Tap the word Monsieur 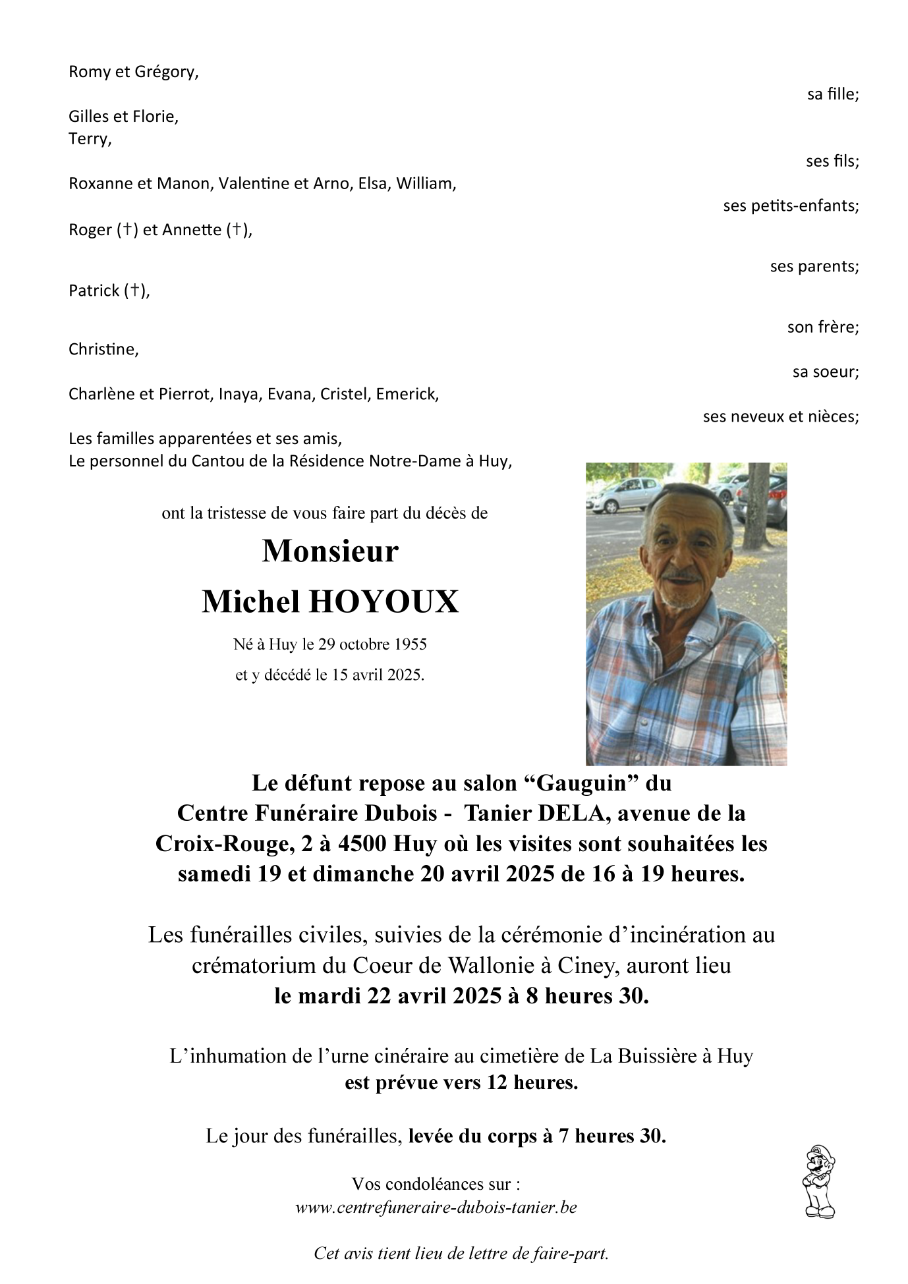(330, 551)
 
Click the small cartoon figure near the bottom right (819, 1181)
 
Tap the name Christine (103, 349)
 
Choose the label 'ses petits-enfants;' (791, 206)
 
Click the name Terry (89, 139)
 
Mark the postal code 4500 (362, 844)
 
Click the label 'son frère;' (823, 327)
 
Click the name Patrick (94, 291)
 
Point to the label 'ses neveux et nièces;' (781, 416)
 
